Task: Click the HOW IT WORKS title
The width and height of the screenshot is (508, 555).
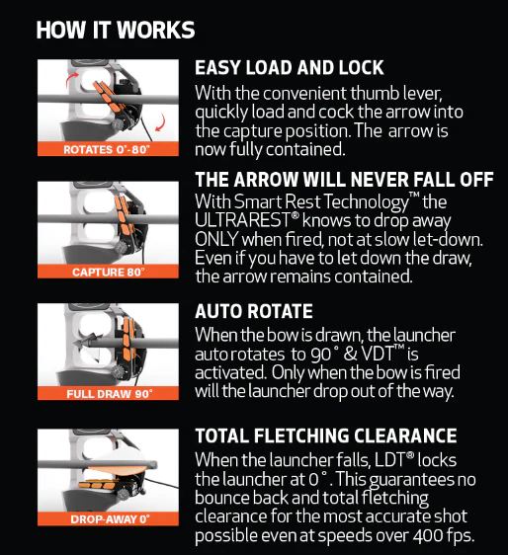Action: (x=116, y=30)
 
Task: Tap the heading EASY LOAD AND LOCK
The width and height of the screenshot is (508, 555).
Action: (x=289, y=67)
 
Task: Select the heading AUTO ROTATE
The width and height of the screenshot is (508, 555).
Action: (x=254, y=311)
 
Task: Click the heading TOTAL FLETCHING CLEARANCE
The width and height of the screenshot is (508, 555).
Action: (x=326, y=436)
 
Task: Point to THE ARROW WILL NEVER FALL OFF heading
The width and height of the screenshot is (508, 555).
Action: (x=344, y=180)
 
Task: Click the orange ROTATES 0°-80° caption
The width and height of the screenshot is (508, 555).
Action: (x=107, y=150)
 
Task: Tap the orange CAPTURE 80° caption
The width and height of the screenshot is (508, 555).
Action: (x=109, y=273)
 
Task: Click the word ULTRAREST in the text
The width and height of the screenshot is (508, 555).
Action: (x=243, y=220)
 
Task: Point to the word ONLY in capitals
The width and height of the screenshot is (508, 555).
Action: (x=216, y=239)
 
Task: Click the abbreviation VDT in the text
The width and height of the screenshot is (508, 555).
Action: (x=377, y=354)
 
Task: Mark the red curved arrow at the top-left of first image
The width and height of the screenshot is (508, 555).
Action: (x=72, y=79)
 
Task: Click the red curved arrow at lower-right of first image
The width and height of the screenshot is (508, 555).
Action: (x=161, y=122)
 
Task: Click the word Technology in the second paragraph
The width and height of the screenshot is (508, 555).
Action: (x=366, y=202)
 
